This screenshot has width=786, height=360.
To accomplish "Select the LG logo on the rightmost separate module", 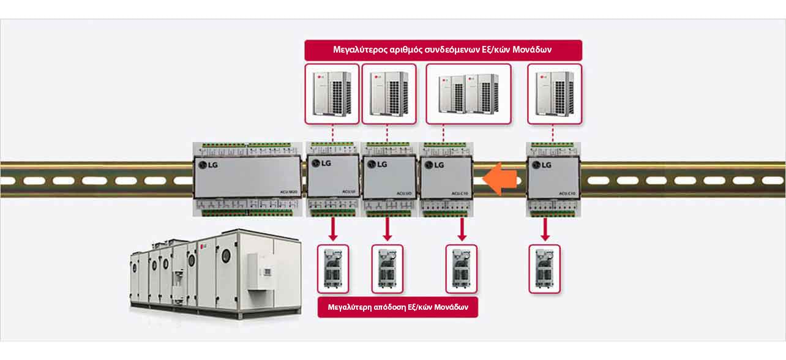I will [x=541, y=164].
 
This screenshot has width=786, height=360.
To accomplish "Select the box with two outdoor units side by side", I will [x=468, y=94].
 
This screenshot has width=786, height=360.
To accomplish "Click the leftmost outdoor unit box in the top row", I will [x=331, y=94].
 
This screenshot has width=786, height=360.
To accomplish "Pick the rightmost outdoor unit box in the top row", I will [x=554, y=94].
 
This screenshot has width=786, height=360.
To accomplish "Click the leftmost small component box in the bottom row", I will [x=333, y=269].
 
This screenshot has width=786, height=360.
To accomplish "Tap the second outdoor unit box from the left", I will [x=387, y=94].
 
